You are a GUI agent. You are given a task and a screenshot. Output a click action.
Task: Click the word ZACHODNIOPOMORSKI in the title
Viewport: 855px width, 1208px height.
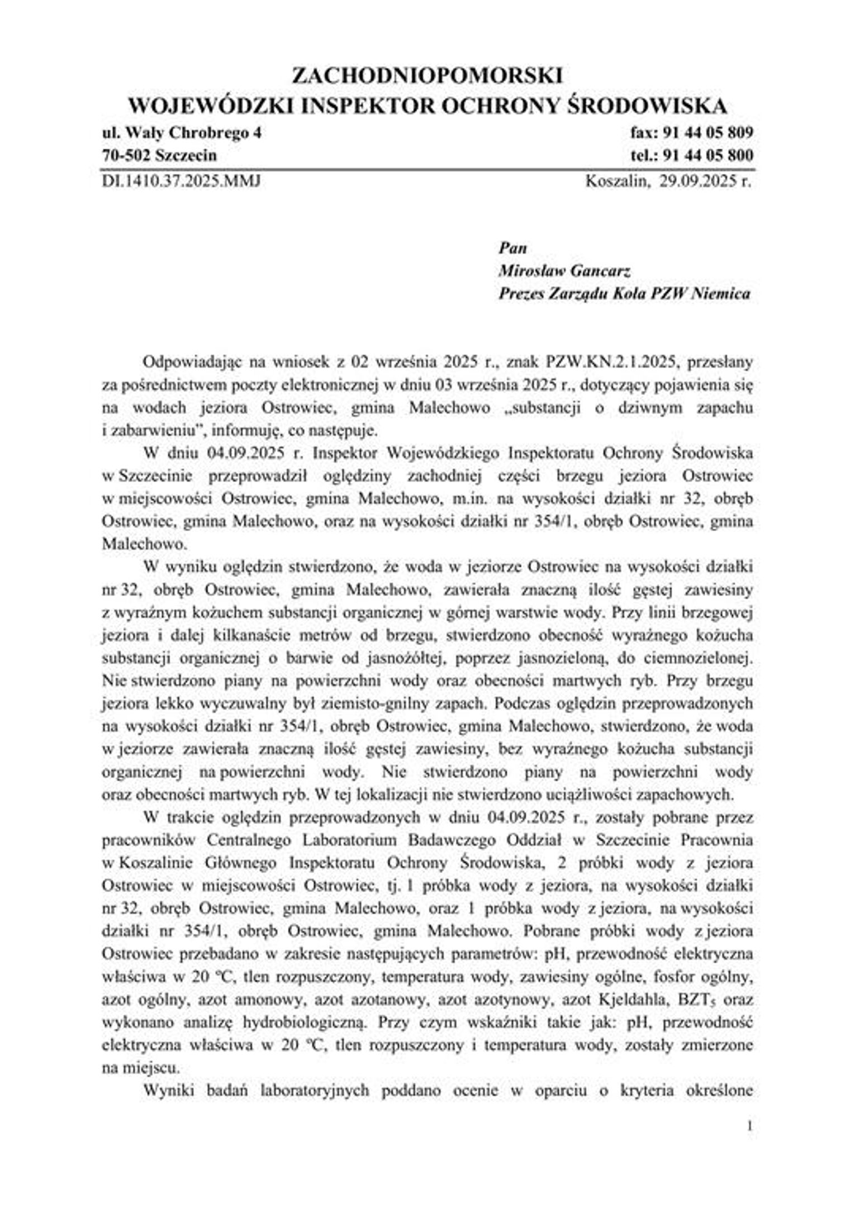click(x=427, y=76)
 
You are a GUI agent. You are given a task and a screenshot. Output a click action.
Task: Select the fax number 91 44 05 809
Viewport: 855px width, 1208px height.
click(x=707, y=133)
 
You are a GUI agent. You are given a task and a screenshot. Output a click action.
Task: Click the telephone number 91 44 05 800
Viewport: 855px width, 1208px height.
click(x=707, y=155)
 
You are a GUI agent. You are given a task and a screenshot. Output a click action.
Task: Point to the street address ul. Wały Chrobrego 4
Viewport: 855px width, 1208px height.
click(x=181, y=133)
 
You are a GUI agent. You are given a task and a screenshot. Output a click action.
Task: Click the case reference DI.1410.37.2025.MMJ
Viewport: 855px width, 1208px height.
click(x=181, y=182)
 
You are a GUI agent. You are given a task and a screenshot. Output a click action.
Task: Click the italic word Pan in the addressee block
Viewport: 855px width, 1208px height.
click(x=512, y=248)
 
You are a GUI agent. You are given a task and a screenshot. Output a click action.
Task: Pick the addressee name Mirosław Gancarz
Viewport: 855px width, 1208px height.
click(x=565, y=271)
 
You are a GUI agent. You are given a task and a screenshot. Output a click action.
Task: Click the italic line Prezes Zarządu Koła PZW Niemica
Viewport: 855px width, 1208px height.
click(x=624, y=294)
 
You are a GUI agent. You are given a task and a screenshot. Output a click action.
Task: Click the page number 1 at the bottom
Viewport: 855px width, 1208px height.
click(x=749, y=1126)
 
